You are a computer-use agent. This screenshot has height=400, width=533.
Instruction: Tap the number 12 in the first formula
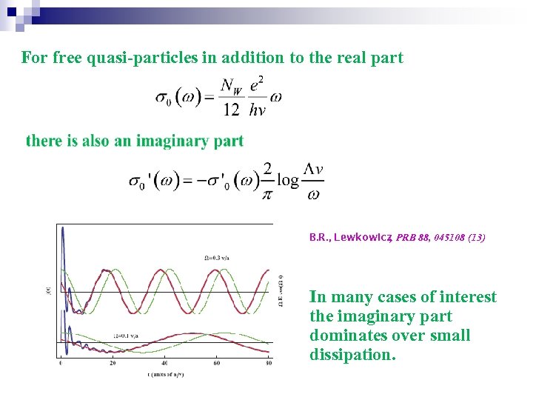point(232,110)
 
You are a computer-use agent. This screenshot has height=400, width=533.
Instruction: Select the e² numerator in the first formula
point(256,85)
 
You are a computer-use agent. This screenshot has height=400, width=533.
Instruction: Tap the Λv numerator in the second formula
point(314,169)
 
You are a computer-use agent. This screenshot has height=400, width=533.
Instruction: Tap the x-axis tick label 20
point(113,363)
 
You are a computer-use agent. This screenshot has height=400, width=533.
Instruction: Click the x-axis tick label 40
point(164,363)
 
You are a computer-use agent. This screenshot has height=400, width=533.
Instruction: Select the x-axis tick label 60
point(217,363)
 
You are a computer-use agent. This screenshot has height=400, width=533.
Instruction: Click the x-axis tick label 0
point(60,363)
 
